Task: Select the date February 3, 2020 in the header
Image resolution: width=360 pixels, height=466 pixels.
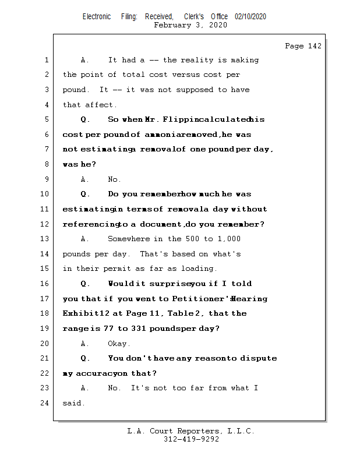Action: (190, 26)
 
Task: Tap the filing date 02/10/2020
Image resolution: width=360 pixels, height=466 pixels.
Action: (250, 17)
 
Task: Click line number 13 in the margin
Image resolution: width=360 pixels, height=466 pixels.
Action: (46, 239)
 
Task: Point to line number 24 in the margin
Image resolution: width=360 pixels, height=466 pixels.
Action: (46, 403)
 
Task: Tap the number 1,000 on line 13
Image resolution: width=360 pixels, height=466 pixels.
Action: (230, 239)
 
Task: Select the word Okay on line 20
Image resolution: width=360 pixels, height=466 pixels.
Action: (119, 344)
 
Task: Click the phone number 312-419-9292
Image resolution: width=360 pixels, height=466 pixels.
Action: (191, 440)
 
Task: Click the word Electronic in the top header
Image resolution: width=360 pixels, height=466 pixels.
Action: (97, 17)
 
